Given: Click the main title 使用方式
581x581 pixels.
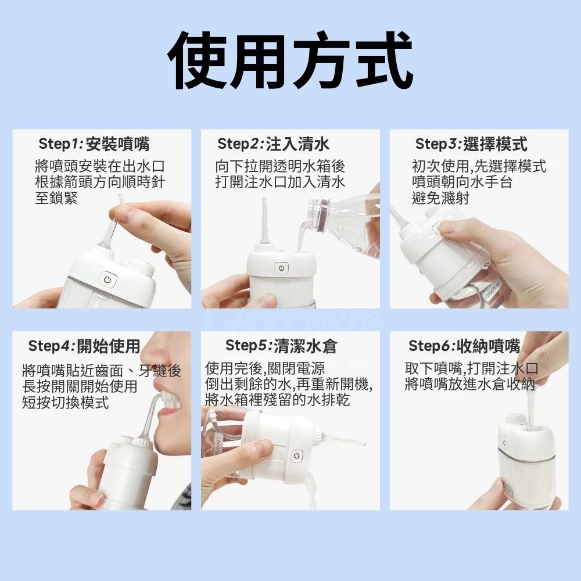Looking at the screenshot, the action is [x=290, y=60].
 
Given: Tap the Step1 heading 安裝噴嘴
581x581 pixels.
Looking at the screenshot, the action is [x=117, y=144].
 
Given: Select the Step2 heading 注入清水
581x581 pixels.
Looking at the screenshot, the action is [x=297, y=144].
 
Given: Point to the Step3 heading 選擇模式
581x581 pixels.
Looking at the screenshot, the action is [x=495, y=144].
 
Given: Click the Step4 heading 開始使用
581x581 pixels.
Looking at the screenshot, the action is [x=108, y=346].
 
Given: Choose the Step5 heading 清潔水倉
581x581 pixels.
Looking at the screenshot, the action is [x=306, y=346].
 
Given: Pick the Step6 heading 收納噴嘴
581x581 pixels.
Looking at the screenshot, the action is [x=489, y=346].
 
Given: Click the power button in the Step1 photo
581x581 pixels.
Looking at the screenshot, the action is [x=108, y=280].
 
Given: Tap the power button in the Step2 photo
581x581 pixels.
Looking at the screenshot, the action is [x=281, y=267].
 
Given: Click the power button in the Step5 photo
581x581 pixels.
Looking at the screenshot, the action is [x=297, y=456].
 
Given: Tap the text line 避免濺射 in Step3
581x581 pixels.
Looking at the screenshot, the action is [x=440, y=198].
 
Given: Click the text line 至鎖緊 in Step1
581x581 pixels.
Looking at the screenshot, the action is [x=56, y=198].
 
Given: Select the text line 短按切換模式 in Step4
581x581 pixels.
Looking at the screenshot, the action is [x=66, y=403].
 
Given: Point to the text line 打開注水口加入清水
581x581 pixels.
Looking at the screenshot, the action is [x=280, y=182].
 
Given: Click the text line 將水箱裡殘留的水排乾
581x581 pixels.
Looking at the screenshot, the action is [x=278, y=400].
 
